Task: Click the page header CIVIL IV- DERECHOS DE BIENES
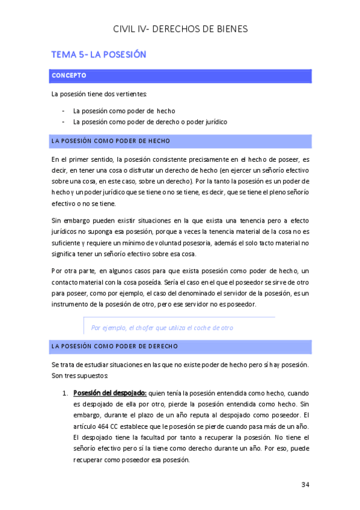click(180, 29)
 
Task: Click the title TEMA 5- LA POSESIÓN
click(99, 55)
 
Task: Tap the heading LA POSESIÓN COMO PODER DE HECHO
click(111, 141)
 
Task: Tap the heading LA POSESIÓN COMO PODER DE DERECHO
click(115, 346)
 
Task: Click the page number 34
click(305, 485)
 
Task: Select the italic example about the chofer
click(162, 328)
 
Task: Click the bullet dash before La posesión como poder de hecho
click(64, 111)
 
